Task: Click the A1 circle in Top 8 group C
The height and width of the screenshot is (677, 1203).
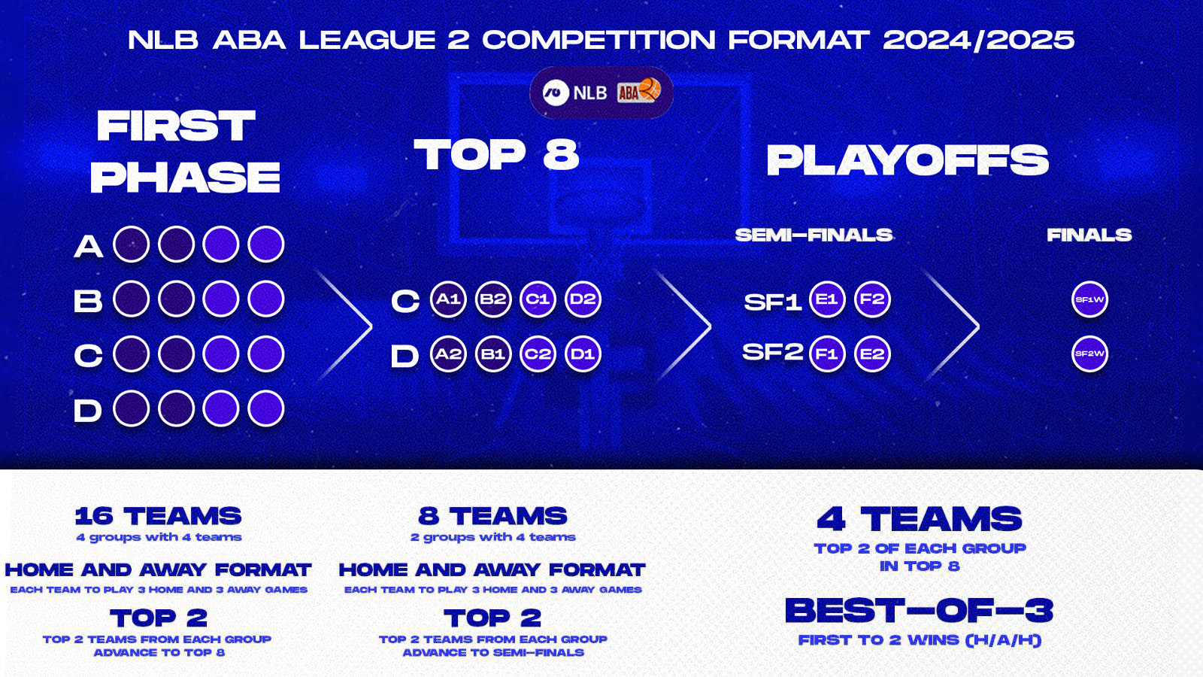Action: click(x=448, y=299)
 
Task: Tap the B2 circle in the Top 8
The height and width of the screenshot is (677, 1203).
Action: click(x=493, y=299)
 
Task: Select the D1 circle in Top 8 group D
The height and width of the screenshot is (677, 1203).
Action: click(x=583, y=354)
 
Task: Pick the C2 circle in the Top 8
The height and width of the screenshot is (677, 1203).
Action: click(x=538, y=354)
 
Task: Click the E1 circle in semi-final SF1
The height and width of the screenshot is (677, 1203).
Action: click(x=827, y=299)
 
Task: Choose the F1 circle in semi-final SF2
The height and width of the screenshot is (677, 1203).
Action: click(x=827, y=354)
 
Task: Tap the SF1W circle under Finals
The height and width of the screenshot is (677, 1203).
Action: click(x=1089, y=299)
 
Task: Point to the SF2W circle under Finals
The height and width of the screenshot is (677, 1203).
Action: click(x=1089, y=354)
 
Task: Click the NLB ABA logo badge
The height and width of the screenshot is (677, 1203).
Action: click(x=601, y=93)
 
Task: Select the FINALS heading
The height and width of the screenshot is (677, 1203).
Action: click(x=1089, y=235)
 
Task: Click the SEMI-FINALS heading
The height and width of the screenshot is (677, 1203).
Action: click(x=814, y=235)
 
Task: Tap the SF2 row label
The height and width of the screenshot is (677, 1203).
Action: click(x=772, y=352)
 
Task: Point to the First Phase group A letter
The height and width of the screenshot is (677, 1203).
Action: click(x=88, y=246)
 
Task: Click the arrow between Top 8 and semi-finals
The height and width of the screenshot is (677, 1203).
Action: click(x=684, y=326)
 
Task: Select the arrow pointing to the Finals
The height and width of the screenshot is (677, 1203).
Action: click(x=953, y=326)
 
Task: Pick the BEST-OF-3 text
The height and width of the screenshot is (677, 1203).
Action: click(x=919, y=611)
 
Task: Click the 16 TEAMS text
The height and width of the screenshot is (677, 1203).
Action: click(x=158, y=516)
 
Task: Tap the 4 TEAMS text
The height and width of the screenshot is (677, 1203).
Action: click(x=919, y=519)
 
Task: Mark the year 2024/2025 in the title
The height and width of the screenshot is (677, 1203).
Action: click(x=978, y=40)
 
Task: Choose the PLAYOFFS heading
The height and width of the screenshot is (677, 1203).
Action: click(x=907, y=160)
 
